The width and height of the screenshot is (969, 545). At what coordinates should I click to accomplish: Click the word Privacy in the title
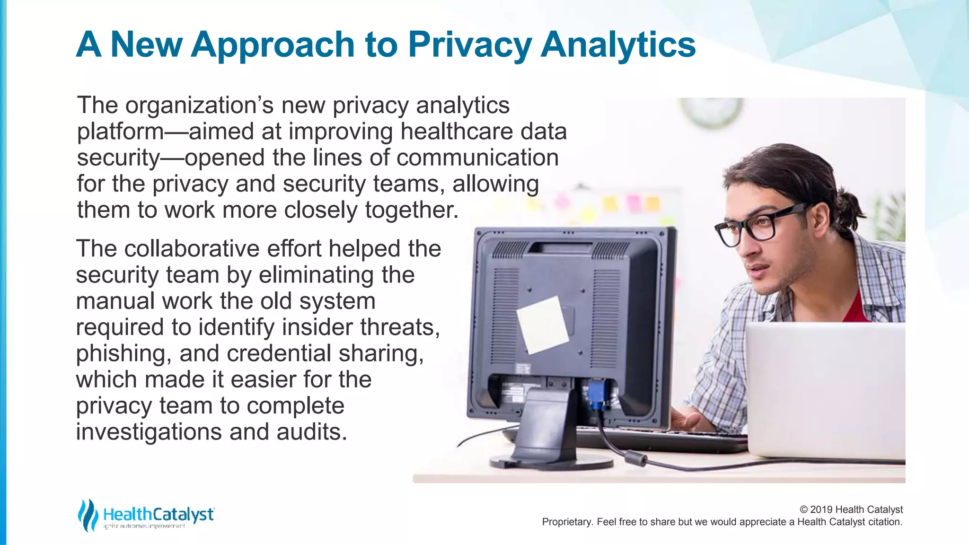point(470,45)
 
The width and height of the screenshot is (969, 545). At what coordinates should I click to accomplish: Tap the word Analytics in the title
point(618,45)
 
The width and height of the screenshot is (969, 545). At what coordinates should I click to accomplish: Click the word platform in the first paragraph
point(120,132)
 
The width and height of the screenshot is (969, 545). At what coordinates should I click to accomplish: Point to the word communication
point(477,158)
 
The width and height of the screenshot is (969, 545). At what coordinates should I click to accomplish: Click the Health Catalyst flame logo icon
point(88,515)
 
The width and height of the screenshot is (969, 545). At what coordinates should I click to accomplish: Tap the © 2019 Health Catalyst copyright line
point(851,510)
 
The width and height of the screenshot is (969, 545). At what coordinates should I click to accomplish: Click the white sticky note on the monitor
point(542,325)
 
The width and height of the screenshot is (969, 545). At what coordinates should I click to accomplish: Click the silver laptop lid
point(826,390)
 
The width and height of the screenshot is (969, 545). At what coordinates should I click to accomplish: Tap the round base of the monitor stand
point(551,460)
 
